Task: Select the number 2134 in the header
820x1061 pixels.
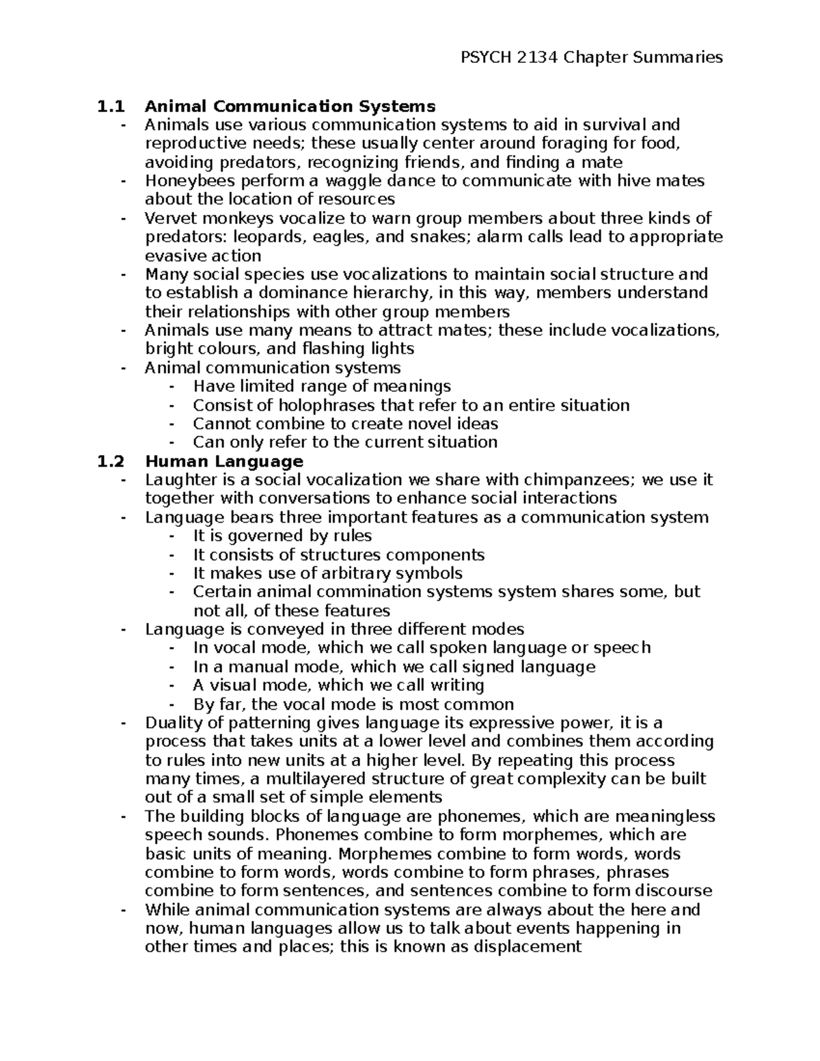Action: click(538, 57)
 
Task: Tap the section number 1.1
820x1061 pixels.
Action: click(111, 107)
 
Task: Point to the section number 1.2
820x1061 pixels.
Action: click(111, 461)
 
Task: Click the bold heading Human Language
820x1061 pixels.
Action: click(224, 461)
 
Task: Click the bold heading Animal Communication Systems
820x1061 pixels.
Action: click(290, 107)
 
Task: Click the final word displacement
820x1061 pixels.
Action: click(527, 947)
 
